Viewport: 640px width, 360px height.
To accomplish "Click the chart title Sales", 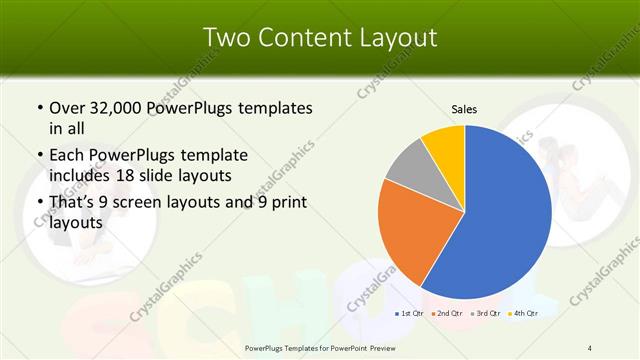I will click(464, 109).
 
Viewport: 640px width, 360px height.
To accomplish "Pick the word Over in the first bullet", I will click(67, 108).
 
